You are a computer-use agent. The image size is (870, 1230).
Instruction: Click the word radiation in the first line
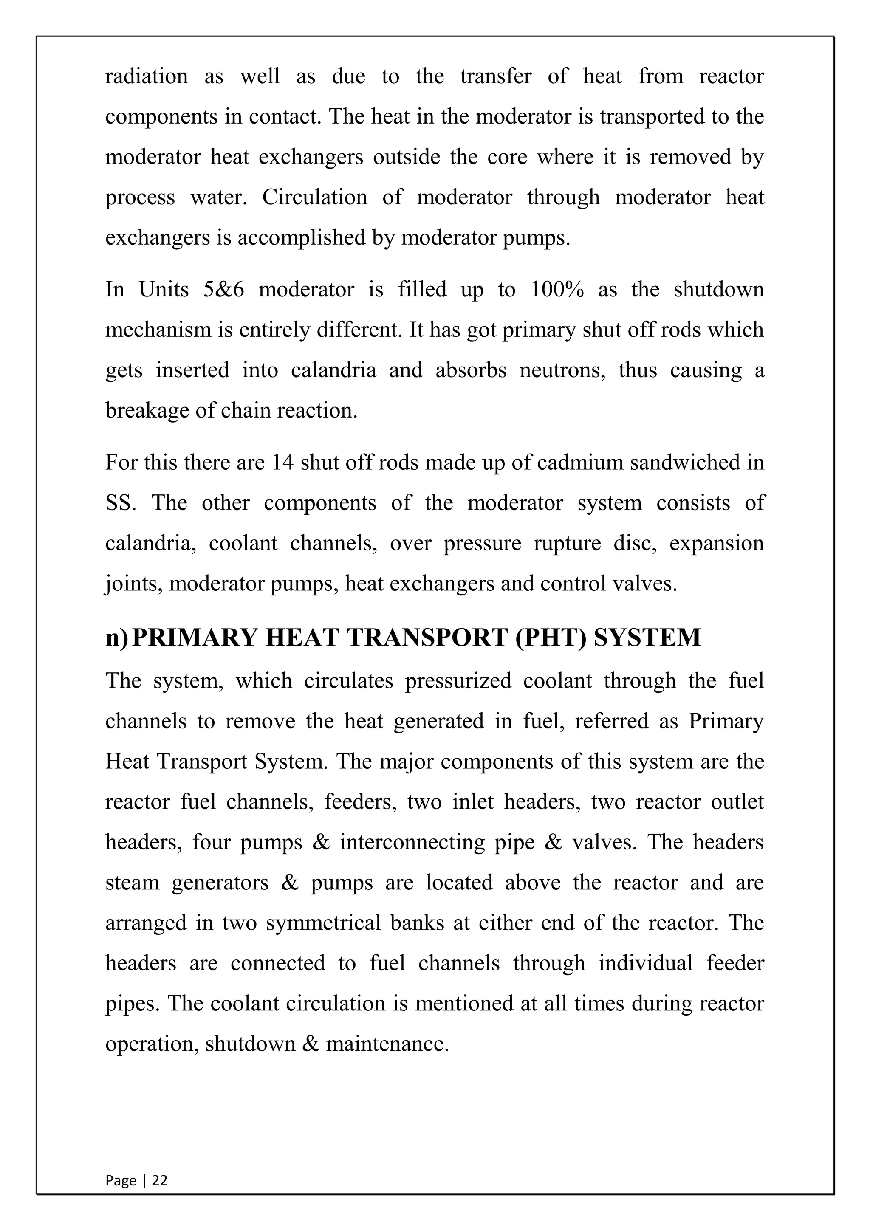click(x=146, y=76)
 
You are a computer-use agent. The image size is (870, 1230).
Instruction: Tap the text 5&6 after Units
click(x=223, y=290)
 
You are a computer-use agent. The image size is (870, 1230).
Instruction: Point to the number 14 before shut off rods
click(x=283, y=463)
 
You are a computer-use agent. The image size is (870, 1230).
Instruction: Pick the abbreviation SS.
click(x=121, y=503)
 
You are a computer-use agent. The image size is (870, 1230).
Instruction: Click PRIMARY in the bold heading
click(x=194, y=638)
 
